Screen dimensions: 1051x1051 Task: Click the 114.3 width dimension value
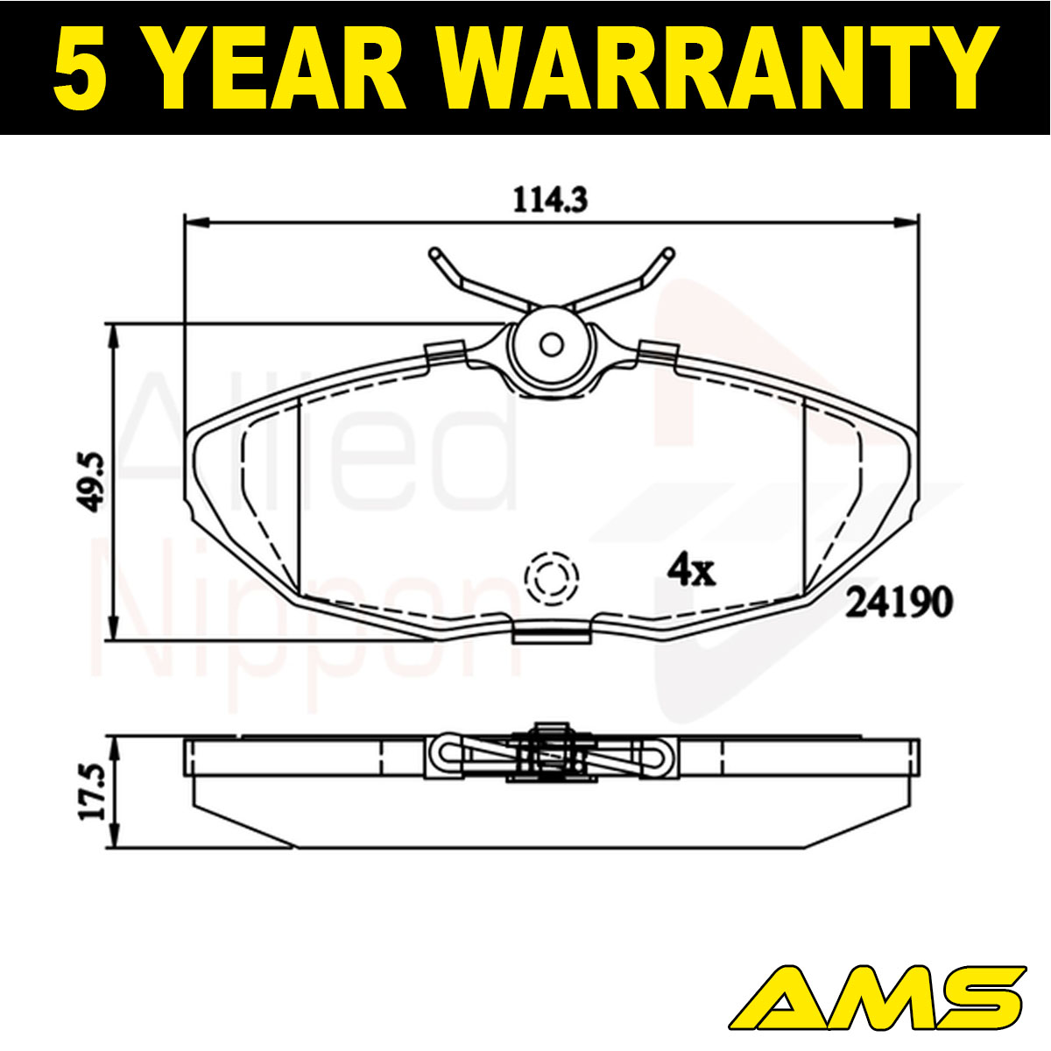[550, 200]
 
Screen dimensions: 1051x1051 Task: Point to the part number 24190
[899, 603]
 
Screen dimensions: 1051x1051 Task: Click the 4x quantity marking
[691, 570]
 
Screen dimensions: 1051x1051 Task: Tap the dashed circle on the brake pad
[552, 578]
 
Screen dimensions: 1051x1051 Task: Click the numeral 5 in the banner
[80, 67]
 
